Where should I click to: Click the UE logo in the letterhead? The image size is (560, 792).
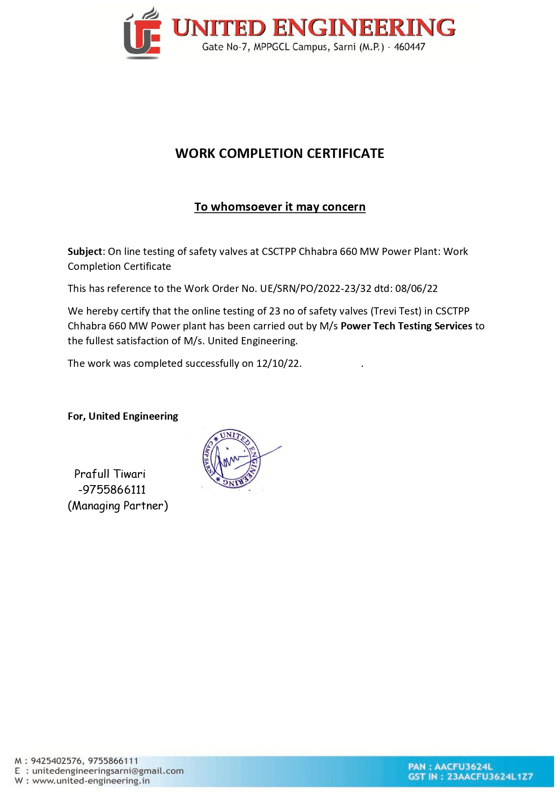[142, 34]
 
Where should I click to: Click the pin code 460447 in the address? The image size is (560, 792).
[409, 47]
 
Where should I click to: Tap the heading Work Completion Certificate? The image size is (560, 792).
[280, 153]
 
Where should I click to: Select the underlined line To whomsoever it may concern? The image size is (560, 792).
[280, 207]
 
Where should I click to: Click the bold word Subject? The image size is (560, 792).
[85, 251]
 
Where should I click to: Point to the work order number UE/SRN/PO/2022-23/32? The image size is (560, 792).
[315, 288]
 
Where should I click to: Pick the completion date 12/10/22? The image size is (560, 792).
[278, 363]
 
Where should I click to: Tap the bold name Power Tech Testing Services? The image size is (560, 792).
[406, 326]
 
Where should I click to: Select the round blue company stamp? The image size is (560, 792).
[231, 459]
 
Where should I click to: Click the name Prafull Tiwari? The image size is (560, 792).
[110, 474]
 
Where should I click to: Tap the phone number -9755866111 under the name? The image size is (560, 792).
[112, 490]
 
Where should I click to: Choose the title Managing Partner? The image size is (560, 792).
[118, 505]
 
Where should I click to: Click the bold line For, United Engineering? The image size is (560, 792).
[123, 416]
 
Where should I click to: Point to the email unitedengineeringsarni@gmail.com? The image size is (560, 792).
[108, 771]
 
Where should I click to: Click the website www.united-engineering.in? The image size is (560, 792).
[91, 781]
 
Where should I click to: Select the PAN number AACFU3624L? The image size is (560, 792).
[463, 766]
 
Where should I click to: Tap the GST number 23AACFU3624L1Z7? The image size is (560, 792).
[490, 777]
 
